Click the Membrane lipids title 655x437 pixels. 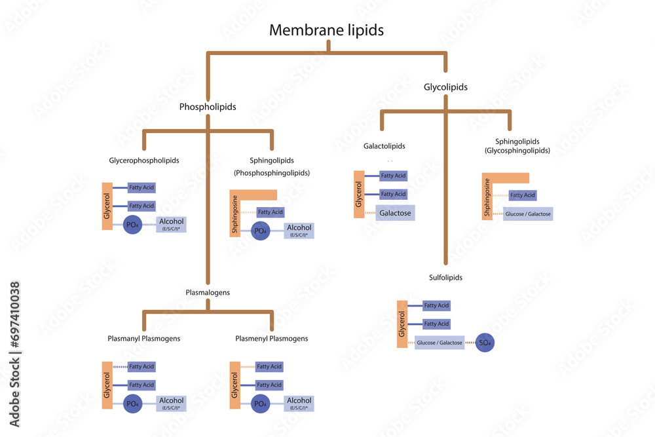[327, 29]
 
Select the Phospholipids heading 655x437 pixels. [208, 106]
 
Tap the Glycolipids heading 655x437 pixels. [445, 86]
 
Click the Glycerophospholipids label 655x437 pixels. [144, 160]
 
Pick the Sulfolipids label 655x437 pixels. [445, 277]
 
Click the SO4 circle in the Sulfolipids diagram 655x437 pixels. [485, 343]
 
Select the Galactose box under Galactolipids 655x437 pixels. [394, 213]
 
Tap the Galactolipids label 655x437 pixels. [384, 145]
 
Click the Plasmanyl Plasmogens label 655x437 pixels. [144, 339]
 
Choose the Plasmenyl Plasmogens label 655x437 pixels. [271, 339]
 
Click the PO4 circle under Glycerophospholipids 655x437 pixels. [133, 225]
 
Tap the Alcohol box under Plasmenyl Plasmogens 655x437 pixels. [299, 404]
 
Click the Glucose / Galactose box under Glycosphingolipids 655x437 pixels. [528, 214]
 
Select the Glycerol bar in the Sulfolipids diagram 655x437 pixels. [402, 324]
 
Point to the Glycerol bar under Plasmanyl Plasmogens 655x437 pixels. [107, 386]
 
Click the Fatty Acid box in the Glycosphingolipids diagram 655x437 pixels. [523, 195]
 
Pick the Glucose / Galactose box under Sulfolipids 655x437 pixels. [439, 343]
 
